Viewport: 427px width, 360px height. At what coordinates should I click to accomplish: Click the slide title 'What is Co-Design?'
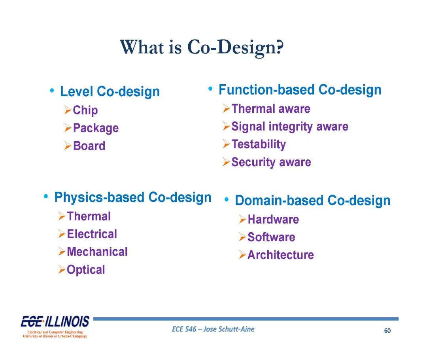tap(202, 47)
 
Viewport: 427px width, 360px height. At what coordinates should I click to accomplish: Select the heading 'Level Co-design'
tap(110, 91)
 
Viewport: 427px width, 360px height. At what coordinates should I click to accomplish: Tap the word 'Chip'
tap(85, 110)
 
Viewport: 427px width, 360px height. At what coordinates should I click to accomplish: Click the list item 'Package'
tap(96, 128)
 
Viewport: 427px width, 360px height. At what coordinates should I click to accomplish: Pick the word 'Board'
tap(89, 146)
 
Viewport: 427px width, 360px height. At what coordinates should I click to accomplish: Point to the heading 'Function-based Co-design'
tap(300, 90)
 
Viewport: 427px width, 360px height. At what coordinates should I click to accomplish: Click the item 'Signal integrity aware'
tap(290, 127)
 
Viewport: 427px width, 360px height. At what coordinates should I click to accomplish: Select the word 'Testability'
tap(259, 144)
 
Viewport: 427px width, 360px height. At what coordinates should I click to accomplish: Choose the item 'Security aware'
tap(271, 162)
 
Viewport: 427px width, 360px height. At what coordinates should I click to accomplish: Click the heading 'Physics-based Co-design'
tap(133, 197)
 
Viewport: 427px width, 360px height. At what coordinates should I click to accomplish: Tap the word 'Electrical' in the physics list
tap(92, 234)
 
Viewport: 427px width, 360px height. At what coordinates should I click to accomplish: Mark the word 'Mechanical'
tap(97, 252)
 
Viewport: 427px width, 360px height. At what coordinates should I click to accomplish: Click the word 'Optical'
tap(86, 270)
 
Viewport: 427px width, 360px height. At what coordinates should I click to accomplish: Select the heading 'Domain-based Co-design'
tap(313, 201)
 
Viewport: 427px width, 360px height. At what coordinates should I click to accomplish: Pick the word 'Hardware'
tap(273, 220)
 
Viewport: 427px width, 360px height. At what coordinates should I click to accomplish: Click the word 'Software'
tap(271, 237)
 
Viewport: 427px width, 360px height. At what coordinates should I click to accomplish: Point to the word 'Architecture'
tap(280, 255)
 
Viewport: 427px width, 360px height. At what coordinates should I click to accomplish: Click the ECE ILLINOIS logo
tap(55, 326)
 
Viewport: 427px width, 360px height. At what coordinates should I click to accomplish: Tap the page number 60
tap(387, 331)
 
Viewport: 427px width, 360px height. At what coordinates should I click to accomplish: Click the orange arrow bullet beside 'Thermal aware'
tap(227, 108)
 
